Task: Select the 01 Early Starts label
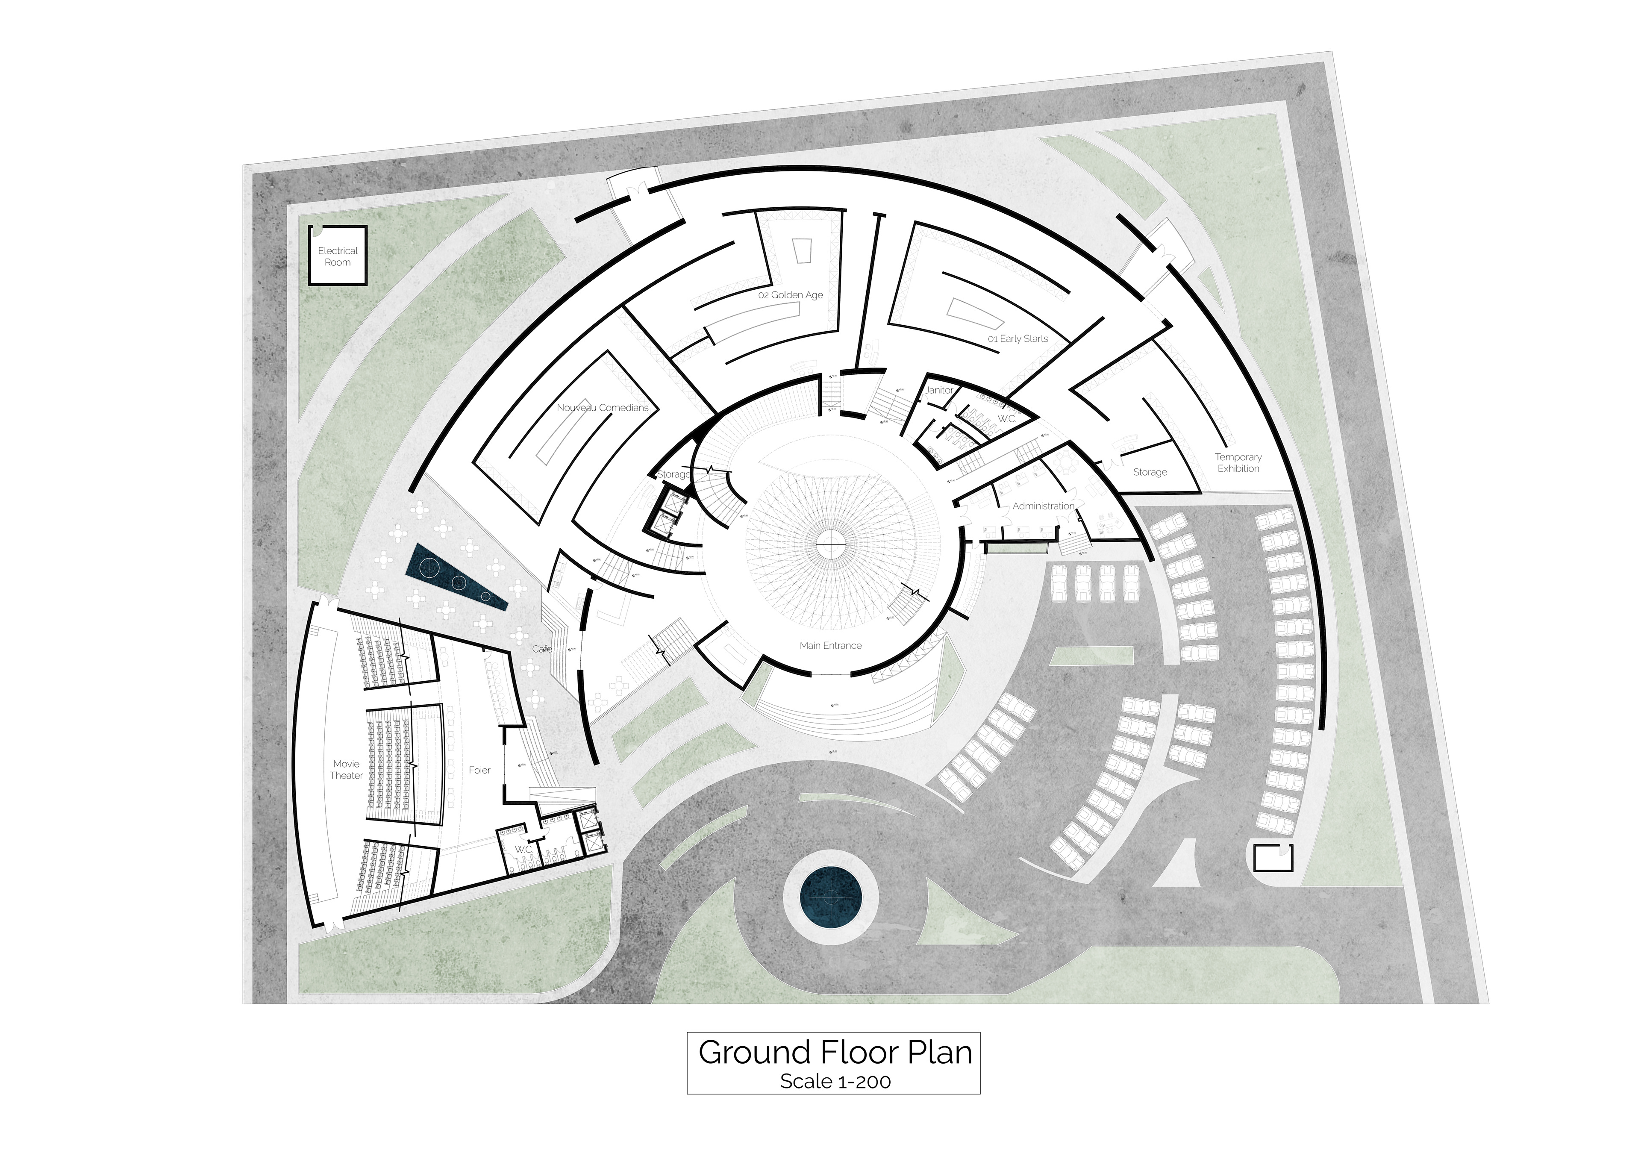click(x=1018, y=339)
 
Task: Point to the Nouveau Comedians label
click(x=603, y=407)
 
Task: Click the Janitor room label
click(x=938, y=390)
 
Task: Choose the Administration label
click(x=1043, y=506)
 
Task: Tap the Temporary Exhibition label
click(x=1238, y=462)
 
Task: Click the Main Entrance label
click(x=830, y=645)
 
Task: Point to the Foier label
click(x=479, y=770)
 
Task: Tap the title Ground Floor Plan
click(x=835, y=1053)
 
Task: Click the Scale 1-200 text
click(x=835, y=1082)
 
